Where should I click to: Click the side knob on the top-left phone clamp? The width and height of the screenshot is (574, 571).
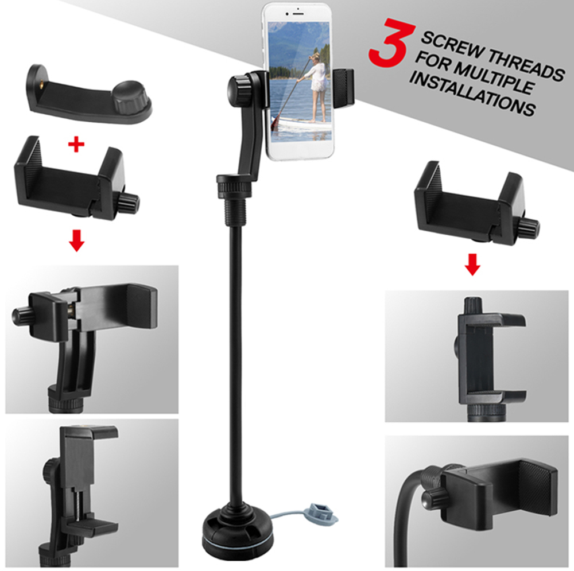[129, 202]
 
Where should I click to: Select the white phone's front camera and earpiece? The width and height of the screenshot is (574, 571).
[297, 11]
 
